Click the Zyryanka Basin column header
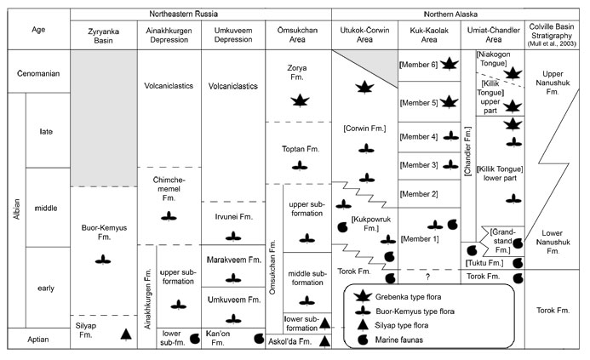pos(102,34)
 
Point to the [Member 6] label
pos(417,65)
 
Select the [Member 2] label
pos(417,194)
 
